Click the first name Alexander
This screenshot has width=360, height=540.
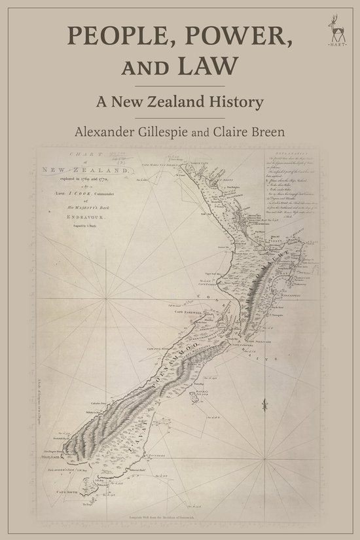(x=109, y=132)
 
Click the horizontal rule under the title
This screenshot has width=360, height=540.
(x=179, y=85)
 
